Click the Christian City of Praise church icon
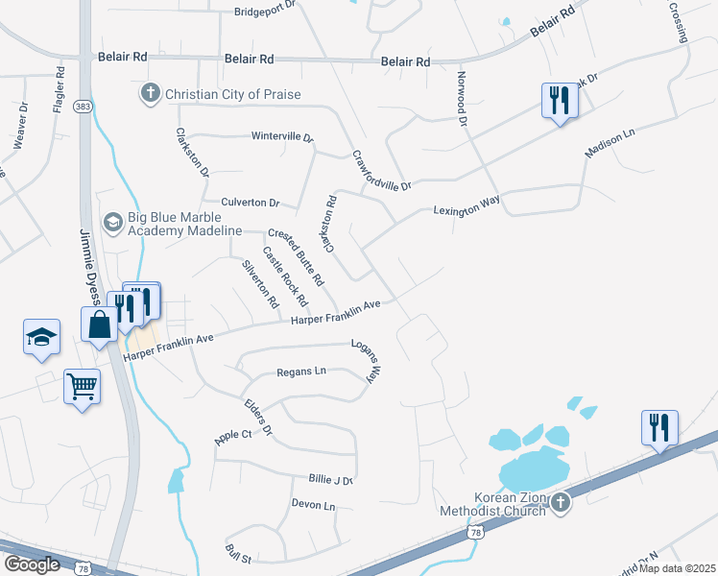(149, 94)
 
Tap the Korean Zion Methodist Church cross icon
(562, 501)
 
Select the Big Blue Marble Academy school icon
(113, 223)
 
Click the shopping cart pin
(82, 386)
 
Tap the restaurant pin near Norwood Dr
(558, 100)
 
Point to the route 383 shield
(84, 107)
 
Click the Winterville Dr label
(282, 136)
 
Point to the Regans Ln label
(301, 372)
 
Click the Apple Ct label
(233, 436)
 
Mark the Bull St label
(237, 553)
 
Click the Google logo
(32, 564)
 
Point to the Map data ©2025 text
(678, 568)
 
